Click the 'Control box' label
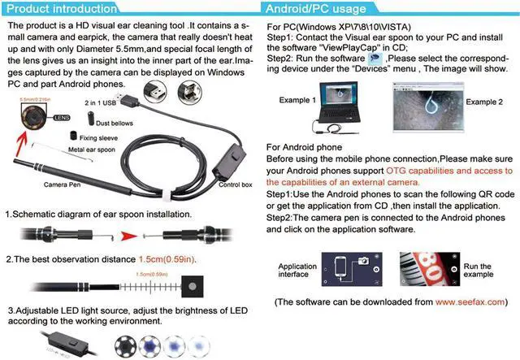[x=236, y=185]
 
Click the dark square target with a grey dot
[x=192, y=287]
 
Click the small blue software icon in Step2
[x=374, y=59]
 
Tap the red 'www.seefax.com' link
[x=466, y=301]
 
